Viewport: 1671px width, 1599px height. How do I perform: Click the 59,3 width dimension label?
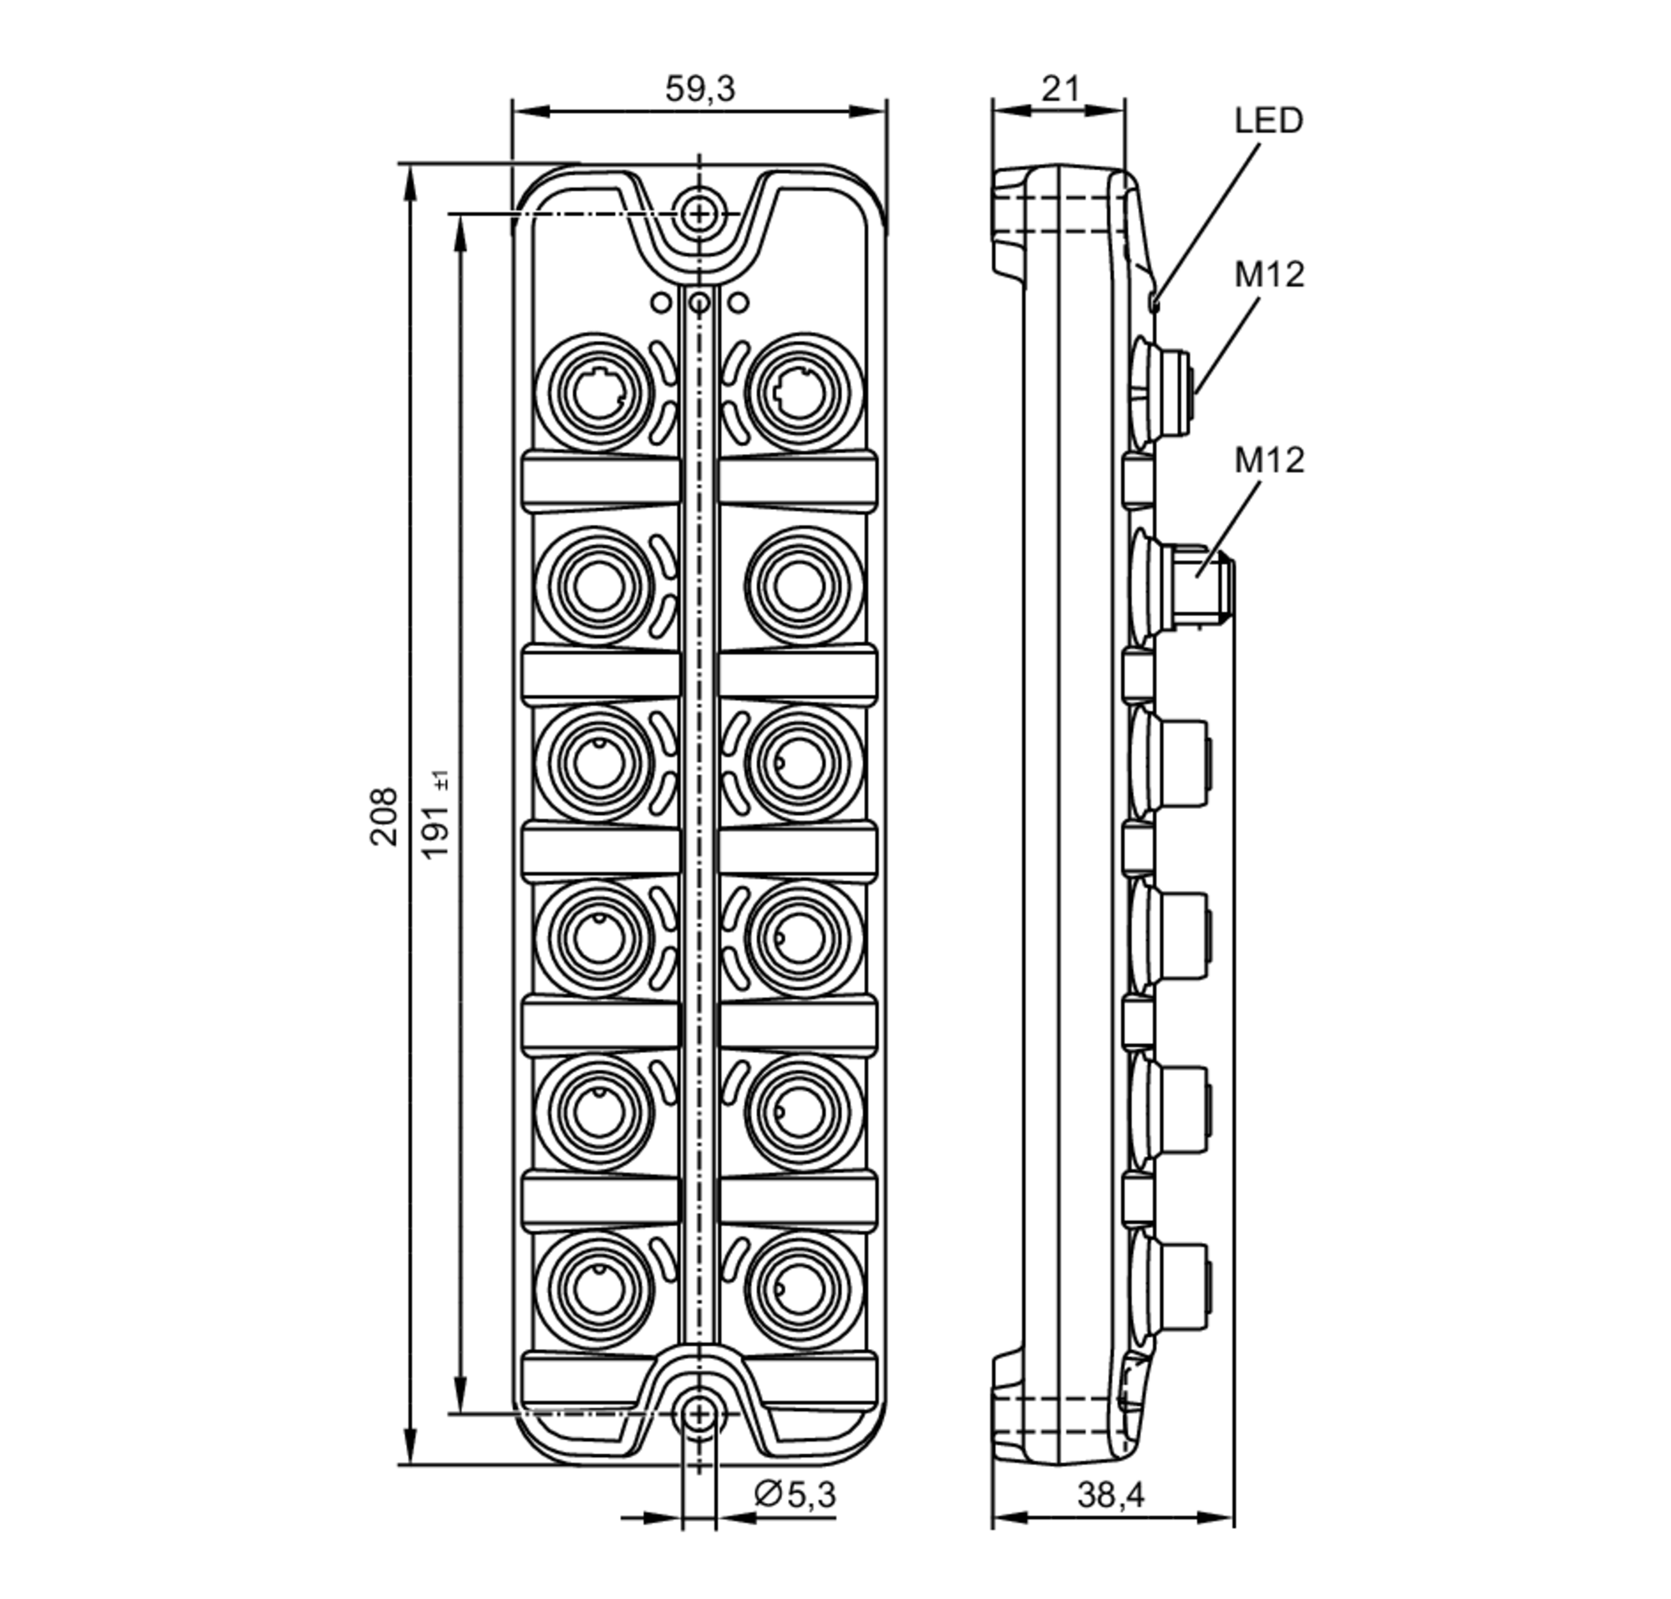698,89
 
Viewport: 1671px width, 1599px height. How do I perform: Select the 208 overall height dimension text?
384,816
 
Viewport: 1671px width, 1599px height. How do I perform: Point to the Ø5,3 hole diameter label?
795,1495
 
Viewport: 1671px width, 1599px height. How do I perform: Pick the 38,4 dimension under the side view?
1110,1495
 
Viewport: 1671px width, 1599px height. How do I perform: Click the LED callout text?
1268,121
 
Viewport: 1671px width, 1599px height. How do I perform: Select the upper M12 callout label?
1269,275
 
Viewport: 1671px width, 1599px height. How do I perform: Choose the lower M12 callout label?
1269,461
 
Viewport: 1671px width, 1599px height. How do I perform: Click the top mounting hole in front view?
698,213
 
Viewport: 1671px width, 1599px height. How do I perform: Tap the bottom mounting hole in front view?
698,1415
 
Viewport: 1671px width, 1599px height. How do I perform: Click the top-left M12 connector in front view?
598,393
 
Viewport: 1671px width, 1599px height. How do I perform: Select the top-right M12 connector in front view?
799,393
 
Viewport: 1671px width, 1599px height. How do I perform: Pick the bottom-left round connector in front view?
598,1290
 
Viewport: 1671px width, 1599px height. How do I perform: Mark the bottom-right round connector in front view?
799,1290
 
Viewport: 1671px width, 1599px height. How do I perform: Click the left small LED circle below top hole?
660,302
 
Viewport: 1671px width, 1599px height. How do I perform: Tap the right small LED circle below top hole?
738,302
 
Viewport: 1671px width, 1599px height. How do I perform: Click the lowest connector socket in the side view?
1176,1288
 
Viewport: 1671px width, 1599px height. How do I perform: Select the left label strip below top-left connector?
601,482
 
